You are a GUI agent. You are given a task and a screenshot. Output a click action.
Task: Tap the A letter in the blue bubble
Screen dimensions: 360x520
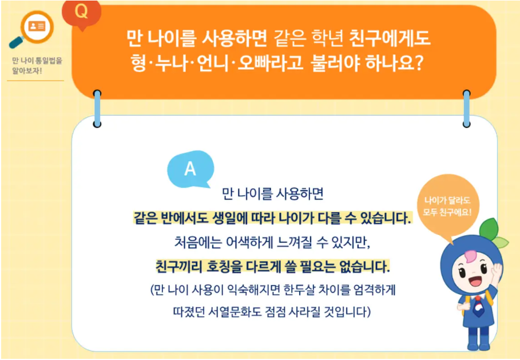(x=190, y=169)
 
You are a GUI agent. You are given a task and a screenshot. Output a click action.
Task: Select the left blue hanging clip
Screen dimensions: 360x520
(x=97, y=108)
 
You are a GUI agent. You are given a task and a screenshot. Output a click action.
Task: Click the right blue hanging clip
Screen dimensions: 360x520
(x=466, y=108)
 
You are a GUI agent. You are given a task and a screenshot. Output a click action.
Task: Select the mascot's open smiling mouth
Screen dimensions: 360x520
(x=474, y=282)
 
